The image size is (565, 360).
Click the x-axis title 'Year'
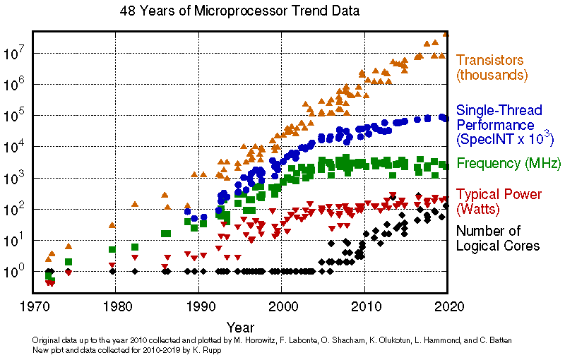tap(241, 328)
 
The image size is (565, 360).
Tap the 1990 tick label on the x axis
tap(199, 307)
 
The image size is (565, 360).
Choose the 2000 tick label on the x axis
tap(282, 307)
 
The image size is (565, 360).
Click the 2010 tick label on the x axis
tap(364, 307)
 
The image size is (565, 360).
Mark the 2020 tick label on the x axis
tap(447, 307)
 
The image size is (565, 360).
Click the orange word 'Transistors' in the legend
tap(489, 60)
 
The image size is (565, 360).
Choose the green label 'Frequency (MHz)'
tap(509, 164)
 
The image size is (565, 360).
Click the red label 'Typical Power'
tap(499, 194)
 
